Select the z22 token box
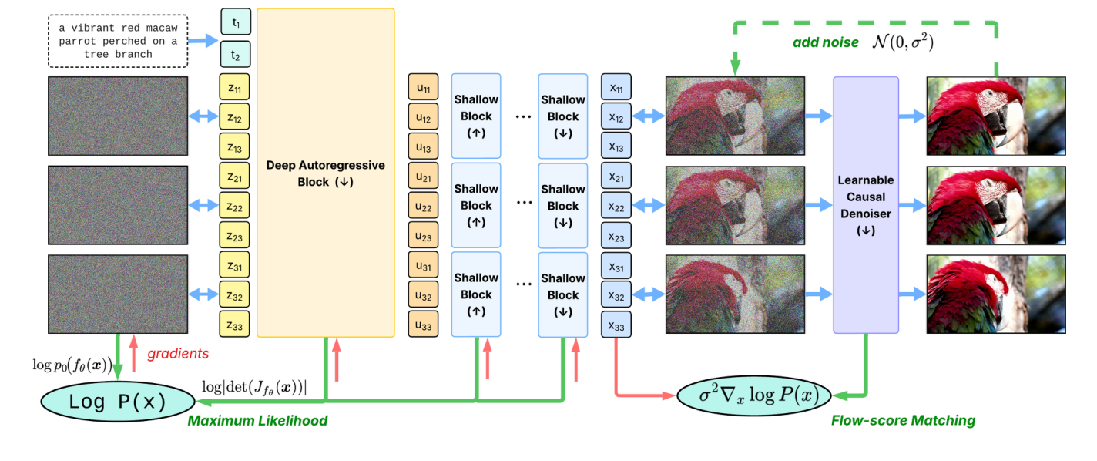point(236,207)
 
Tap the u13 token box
point(424,147)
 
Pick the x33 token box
point(616,326)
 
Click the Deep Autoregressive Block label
point(325,173)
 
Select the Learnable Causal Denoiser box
point(866,205)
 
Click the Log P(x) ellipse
point(118,402)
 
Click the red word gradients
point(178,353)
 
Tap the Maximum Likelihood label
point(257,421)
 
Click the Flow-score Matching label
point(903,421)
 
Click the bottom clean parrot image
point(996,294)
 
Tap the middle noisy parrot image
point(735,206)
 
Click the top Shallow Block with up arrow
point(476,116)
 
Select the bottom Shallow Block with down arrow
point(562,294)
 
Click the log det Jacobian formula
point(253,388)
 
